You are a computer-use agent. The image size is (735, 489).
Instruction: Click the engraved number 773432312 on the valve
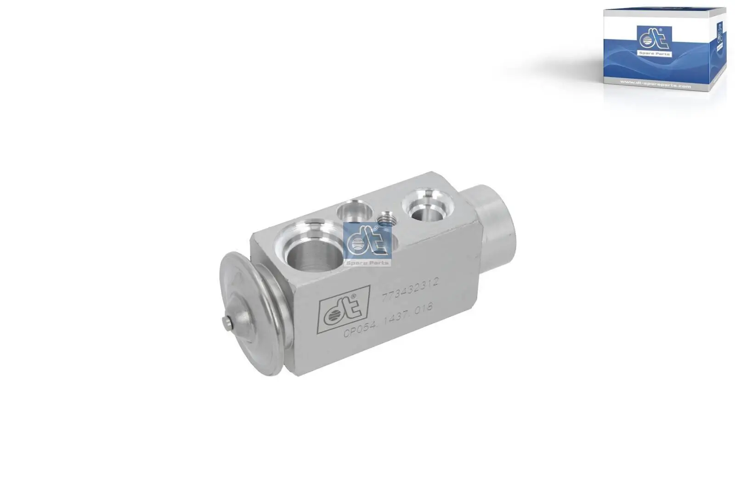pos(410,289)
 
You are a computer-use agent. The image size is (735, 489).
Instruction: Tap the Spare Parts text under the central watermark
pos(367,262)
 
